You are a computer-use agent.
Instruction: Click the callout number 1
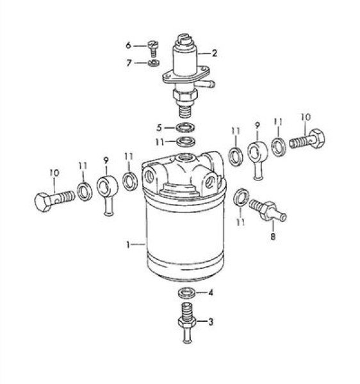(127, 244)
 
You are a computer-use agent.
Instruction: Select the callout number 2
(215, 53)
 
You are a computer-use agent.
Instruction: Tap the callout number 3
(211, 321)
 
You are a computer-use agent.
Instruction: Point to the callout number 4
(211, 292)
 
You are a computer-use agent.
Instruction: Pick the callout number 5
(160, 128)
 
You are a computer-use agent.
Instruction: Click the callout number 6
(128, 45)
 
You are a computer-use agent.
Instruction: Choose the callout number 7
(129, 63)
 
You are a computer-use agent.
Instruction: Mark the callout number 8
(273, 236)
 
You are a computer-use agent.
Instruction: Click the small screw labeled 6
(153, 48)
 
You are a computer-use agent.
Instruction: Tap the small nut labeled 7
(154, 63)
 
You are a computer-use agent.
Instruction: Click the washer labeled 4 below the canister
(188, 293)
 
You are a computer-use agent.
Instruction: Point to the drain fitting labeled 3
(187, 323)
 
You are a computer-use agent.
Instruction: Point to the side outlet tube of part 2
(206, 84)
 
